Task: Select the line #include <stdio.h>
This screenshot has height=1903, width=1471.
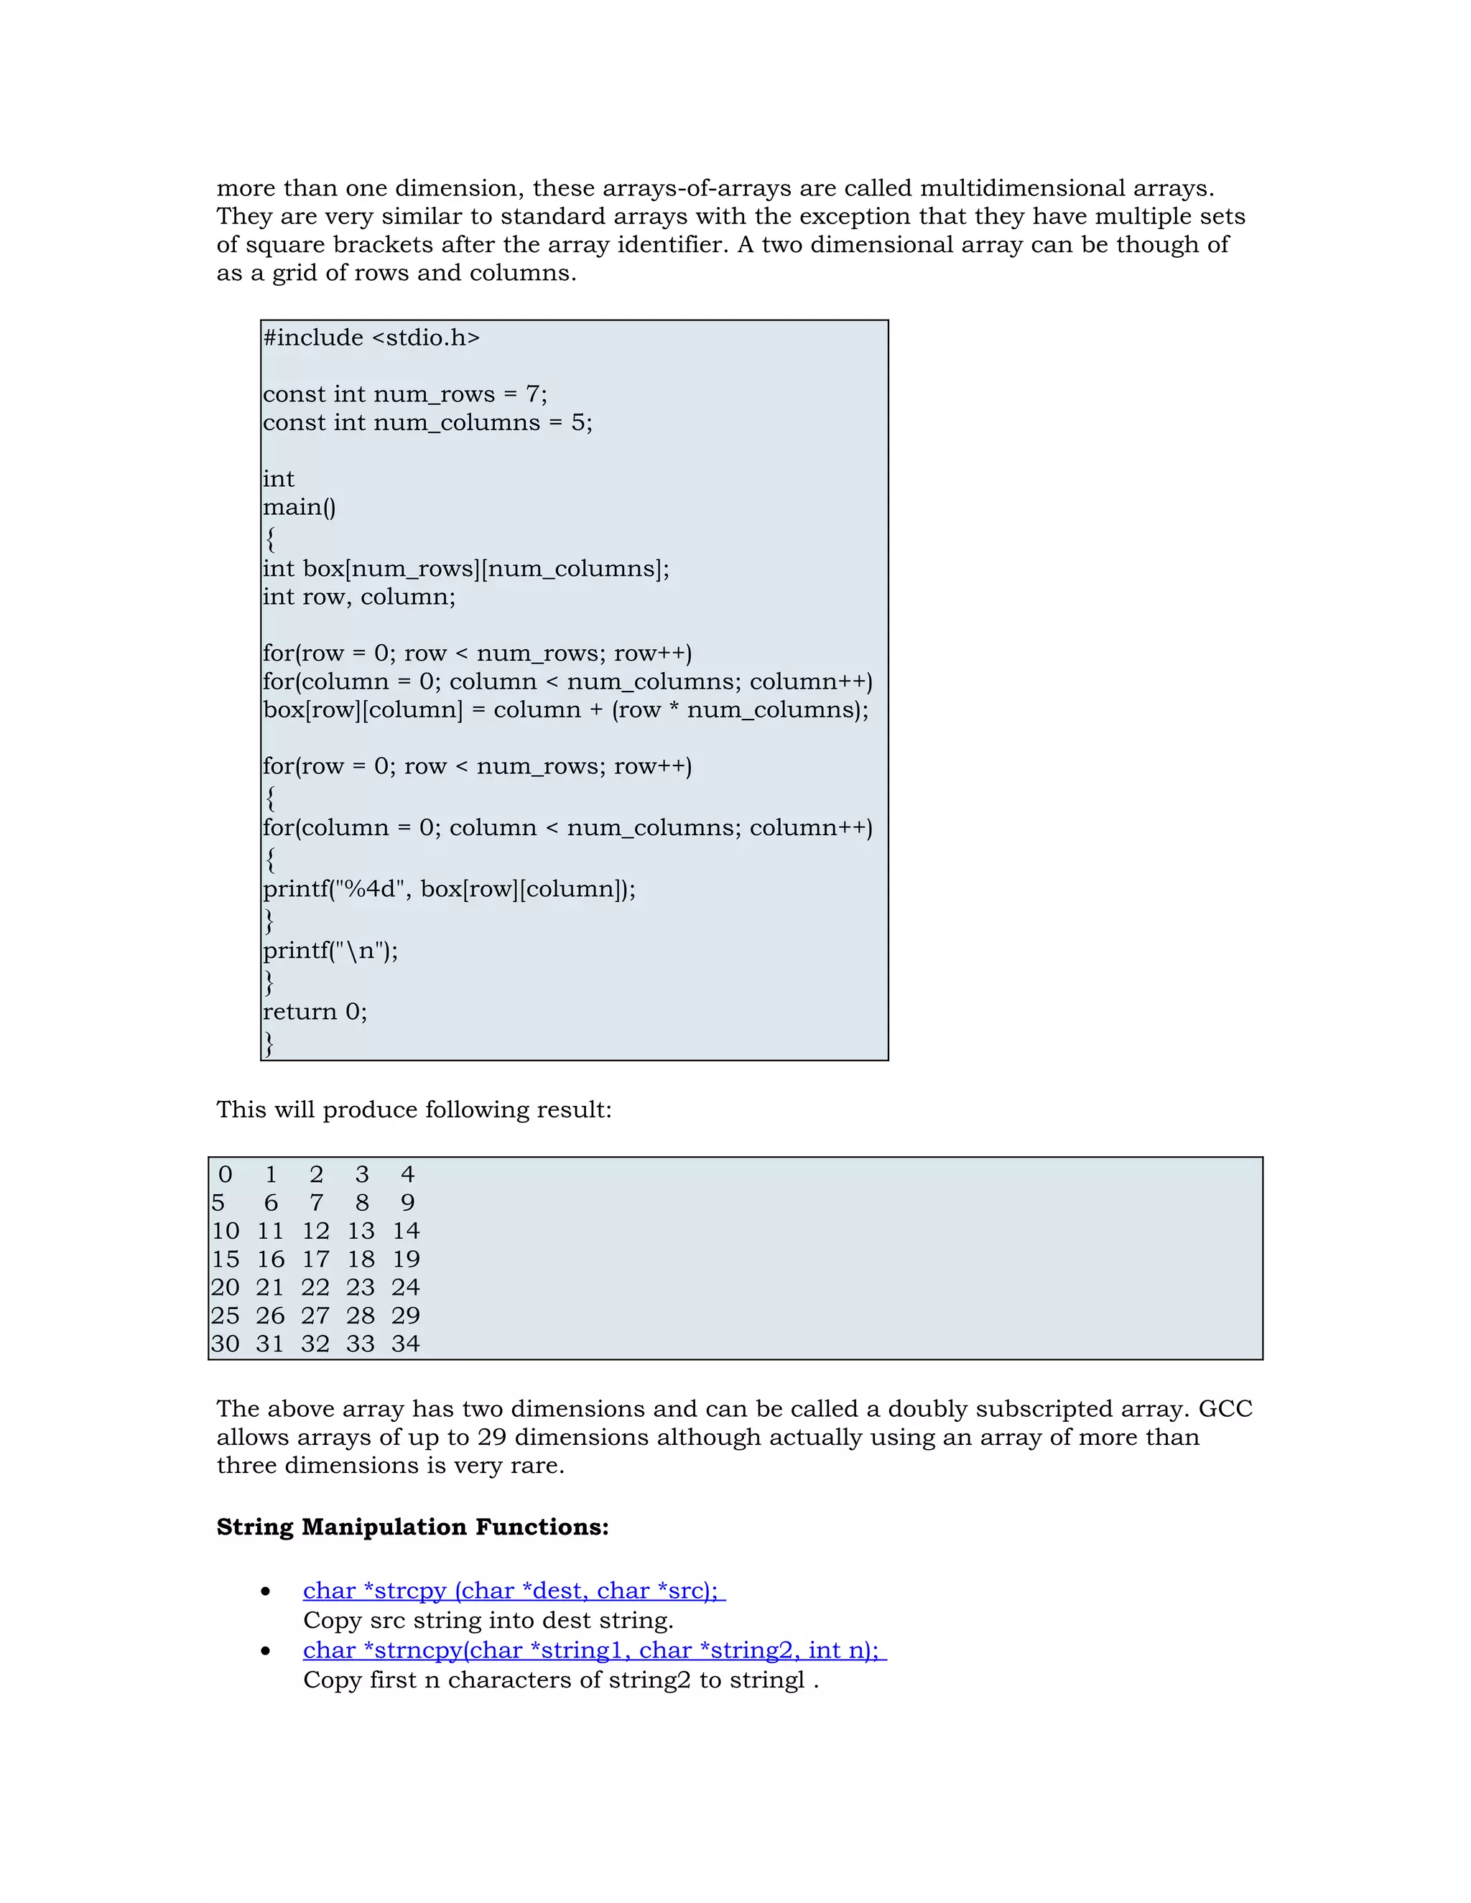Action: point(371,338)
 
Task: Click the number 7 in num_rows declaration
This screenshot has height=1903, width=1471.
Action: point(532,395)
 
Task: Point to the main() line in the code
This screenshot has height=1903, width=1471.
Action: point(299,507)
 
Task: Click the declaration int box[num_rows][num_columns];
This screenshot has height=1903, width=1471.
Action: point(466,569)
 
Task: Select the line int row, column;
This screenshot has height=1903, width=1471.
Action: point(359,597)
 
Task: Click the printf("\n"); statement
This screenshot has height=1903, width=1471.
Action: point(330,951)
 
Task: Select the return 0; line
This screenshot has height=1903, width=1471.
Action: point(315,1012)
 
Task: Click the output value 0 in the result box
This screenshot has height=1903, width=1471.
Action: point(225,1175)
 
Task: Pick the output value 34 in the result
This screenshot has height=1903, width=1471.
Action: point(405,1344)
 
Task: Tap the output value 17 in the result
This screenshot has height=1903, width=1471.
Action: point(315,1259)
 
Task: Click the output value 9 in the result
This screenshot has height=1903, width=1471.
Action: point(407,1204)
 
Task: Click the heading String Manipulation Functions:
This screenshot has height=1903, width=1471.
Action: point(412,1527)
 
